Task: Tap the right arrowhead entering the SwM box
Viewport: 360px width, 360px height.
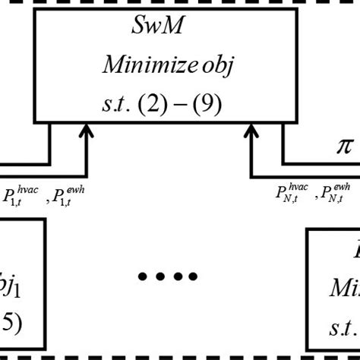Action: click(x=251, y=135)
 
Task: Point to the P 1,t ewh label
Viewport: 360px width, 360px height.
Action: click(x=68, y=195)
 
